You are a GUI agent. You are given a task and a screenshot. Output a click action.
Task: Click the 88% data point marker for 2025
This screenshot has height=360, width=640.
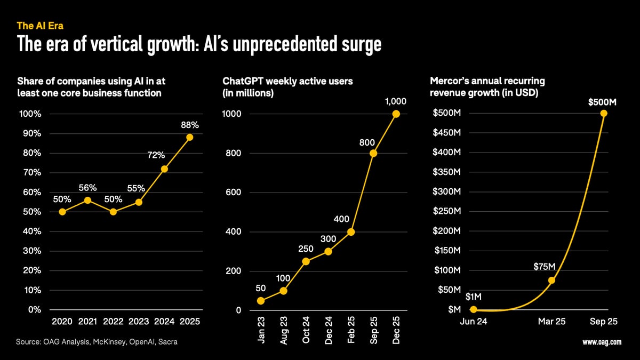(x=190, y=137)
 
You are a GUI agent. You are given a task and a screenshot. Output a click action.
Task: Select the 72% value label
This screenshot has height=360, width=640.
(x=156, y=155)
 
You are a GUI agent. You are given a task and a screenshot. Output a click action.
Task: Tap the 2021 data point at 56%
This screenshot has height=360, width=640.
(x=88, y=200)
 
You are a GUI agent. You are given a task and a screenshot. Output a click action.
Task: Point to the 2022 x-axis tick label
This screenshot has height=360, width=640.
(x=113, y=322)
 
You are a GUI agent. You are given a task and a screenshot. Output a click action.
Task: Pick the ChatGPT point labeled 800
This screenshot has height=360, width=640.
(x=373, y=154)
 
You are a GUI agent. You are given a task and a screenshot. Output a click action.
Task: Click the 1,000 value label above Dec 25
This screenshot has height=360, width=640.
(x=395, y=101)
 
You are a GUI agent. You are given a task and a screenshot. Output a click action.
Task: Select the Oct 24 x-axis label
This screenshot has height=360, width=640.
(x=306, y=331)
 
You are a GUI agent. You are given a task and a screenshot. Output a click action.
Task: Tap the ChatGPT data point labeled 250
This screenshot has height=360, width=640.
(x=306, y=261)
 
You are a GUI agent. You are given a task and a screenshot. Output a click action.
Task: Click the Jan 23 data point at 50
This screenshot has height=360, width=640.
(x=261, y=300)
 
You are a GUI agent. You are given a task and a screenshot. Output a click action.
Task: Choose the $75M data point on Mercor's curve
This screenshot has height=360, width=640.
(x=551, y=280)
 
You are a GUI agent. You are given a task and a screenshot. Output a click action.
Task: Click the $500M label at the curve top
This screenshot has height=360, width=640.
(x=602, y=102)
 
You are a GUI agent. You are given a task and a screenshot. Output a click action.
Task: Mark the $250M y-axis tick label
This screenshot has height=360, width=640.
(x=448, y=211)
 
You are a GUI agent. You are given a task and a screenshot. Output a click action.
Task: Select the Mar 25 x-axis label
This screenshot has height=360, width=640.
(x=552, y=322)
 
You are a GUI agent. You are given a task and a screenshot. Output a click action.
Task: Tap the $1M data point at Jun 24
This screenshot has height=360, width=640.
(x=474, y=309)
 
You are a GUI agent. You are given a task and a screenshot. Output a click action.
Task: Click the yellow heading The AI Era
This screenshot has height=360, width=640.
(x=41, y=25)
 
